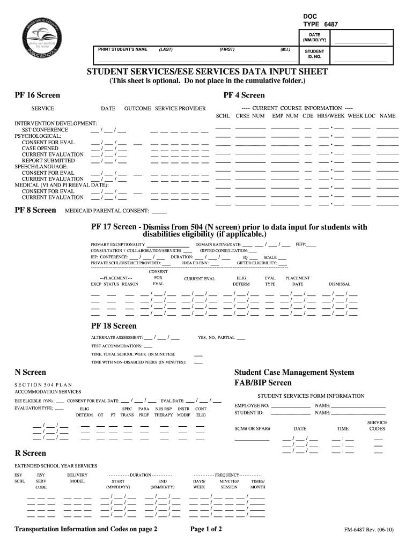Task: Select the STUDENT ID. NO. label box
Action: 314,54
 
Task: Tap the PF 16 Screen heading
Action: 37,95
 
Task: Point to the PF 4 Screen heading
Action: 244,95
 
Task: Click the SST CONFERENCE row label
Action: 45,130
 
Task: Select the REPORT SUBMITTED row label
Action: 48,160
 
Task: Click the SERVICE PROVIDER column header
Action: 180,108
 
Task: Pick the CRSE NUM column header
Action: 250,116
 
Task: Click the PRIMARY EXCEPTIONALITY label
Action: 117,244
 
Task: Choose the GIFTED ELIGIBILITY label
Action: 256,263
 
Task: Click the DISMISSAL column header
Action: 340,284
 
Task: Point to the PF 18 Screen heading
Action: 114,326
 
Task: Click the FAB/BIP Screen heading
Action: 263,383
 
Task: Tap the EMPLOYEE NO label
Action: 252,406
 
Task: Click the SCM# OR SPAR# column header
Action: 253,429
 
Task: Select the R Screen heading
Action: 30,454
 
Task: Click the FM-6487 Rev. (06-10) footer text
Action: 369,530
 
